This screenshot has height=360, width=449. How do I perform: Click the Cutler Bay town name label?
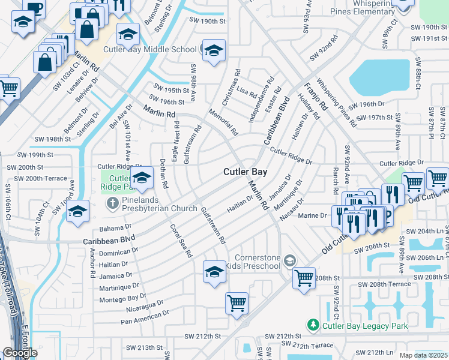(245, 172)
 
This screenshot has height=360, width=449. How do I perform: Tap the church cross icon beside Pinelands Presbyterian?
(112, 204)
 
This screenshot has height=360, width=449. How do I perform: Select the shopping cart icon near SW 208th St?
(304, 277)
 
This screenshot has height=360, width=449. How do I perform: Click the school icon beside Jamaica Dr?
(214, 271)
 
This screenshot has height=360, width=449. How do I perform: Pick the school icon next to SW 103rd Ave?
(78, 211)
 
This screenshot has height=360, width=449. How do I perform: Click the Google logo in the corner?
(20, 353)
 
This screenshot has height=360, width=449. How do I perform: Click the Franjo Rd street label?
(315, 96)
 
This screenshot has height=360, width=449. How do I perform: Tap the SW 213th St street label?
(145, 347)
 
